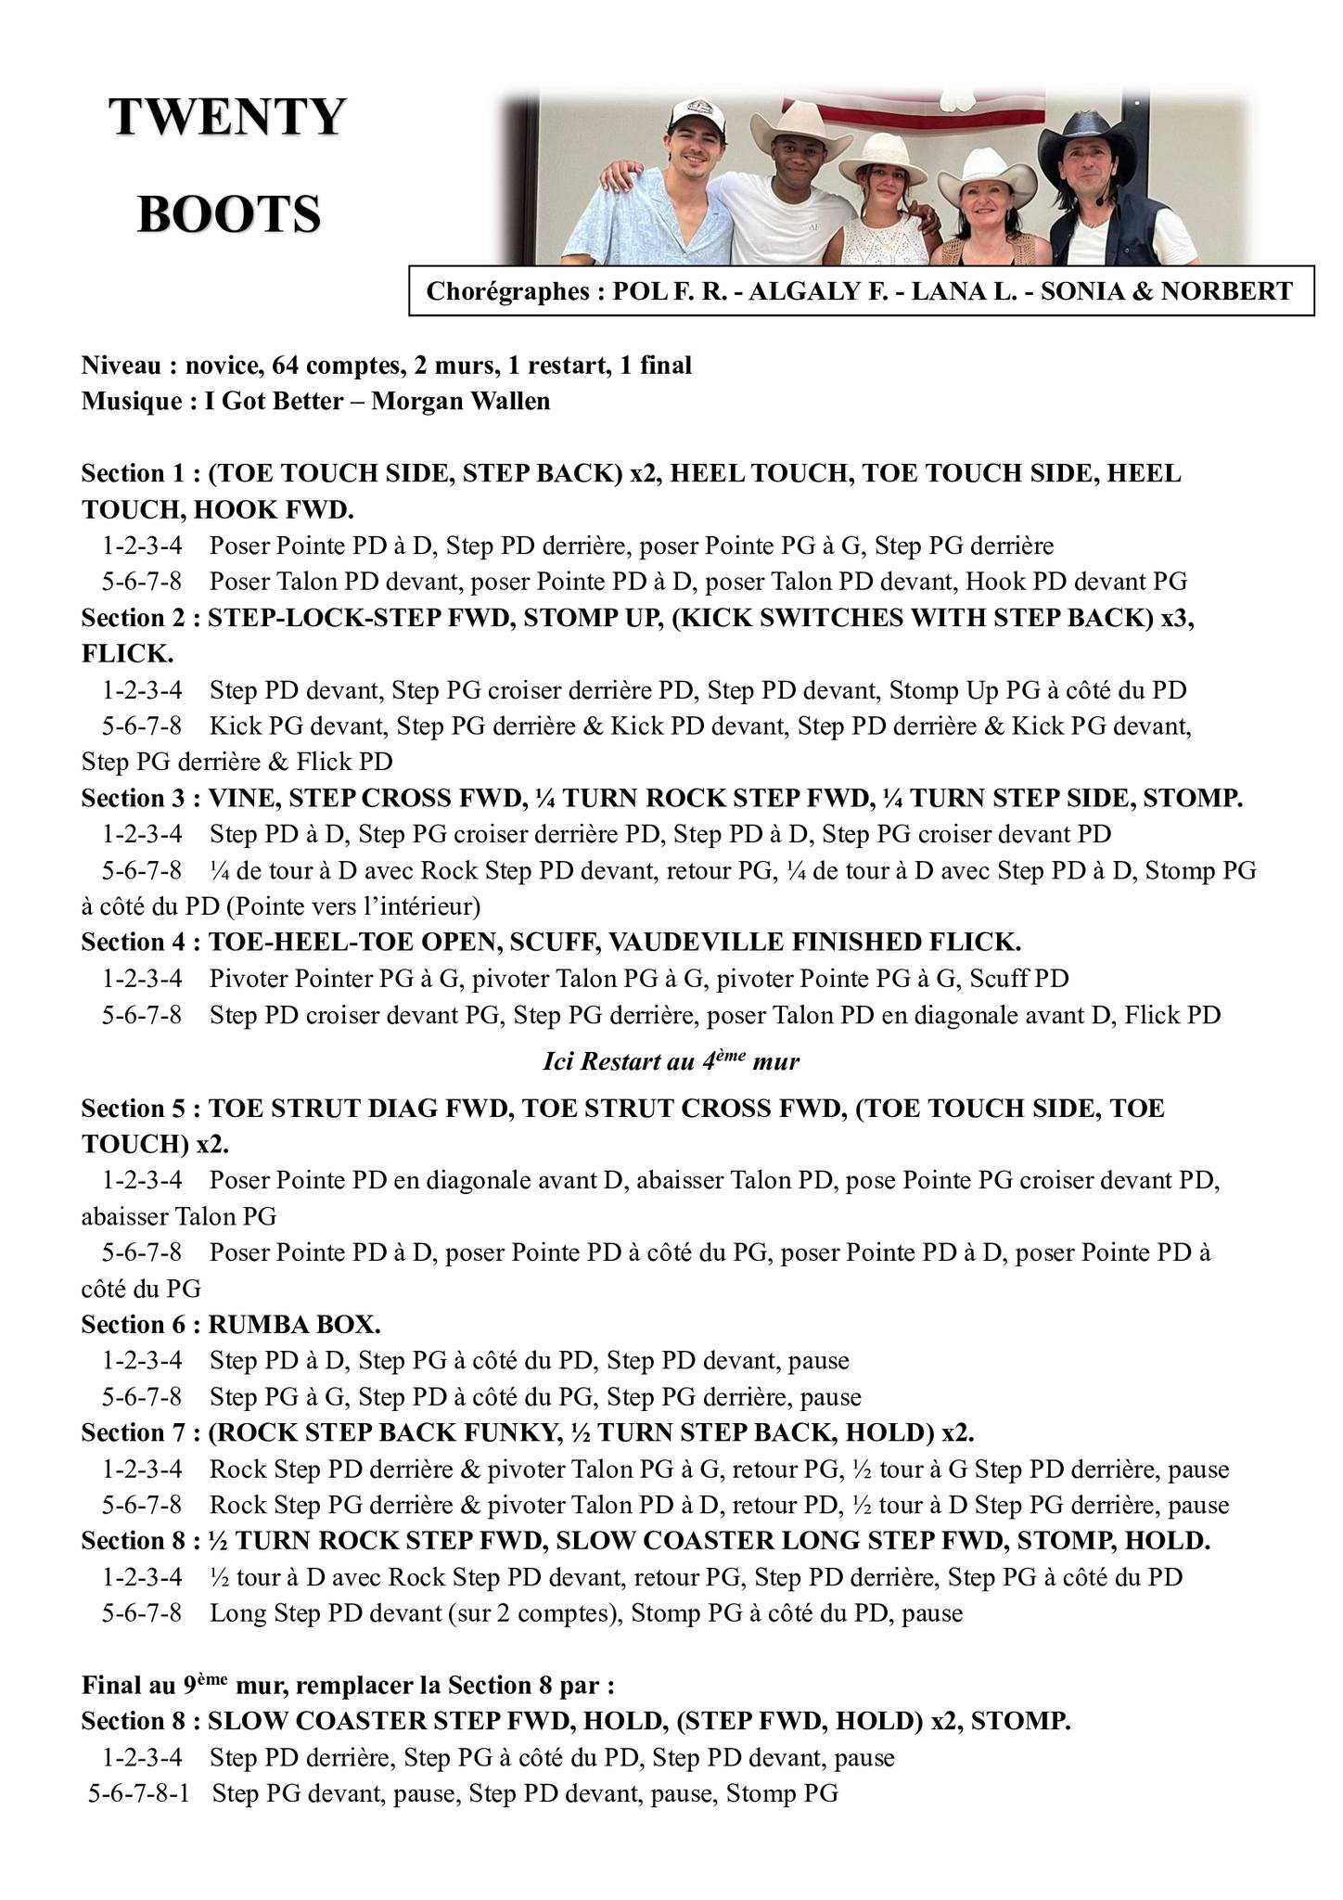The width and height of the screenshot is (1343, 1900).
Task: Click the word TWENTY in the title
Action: (228, 118)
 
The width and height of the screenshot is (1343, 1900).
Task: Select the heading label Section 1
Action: (137, 473)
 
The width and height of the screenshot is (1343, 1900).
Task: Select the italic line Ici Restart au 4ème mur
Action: (671, 1060)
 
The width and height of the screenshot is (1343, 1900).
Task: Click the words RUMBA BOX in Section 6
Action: (294, 1324)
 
